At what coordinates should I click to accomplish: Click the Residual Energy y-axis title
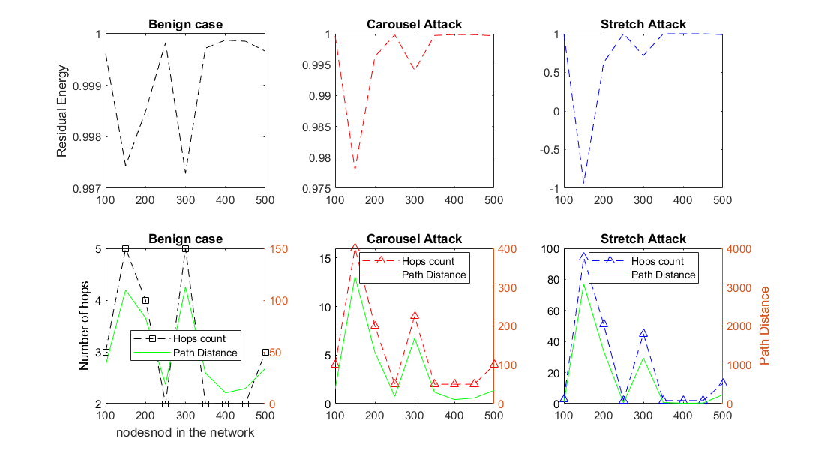[62, 111]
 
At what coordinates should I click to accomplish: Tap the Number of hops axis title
[85, 325]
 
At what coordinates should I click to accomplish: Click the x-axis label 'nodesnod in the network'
[185, 432]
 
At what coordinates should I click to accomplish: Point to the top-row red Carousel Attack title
[414, 24]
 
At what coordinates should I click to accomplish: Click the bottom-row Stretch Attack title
[643, 238]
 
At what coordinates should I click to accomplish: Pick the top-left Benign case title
[185, 24]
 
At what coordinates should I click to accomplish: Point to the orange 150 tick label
[279, 249]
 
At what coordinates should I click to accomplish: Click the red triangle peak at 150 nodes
[355, 248]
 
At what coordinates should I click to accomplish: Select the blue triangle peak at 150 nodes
[583, 257]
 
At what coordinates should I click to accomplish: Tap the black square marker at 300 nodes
[185, 248]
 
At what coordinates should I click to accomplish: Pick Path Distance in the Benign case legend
[205, 352]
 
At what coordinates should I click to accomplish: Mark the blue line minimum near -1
[583, 182]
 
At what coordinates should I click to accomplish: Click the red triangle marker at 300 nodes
[415, 316]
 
